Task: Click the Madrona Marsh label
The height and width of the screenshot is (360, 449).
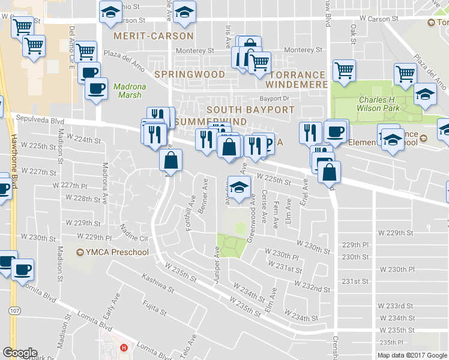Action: tap(127, 91)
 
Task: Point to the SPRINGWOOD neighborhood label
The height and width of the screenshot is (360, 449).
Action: tap(190, 74)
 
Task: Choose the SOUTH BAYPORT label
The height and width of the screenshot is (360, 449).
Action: tap(250, 110)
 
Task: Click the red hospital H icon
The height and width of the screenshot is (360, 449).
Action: tap(124, 347)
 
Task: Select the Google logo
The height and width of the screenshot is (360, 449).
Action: tap(20, 353)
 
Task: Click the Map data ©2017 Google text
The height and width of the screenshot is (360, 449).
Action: tap(412, 355)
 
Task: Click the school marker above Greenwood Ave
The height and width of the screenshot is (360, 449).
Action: tap(239, 187)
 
